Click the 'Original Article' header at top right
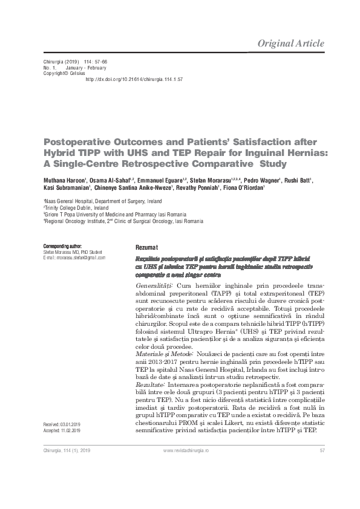coord(290,44)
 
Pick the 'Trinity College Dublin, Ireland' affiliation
coord(73,207)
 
